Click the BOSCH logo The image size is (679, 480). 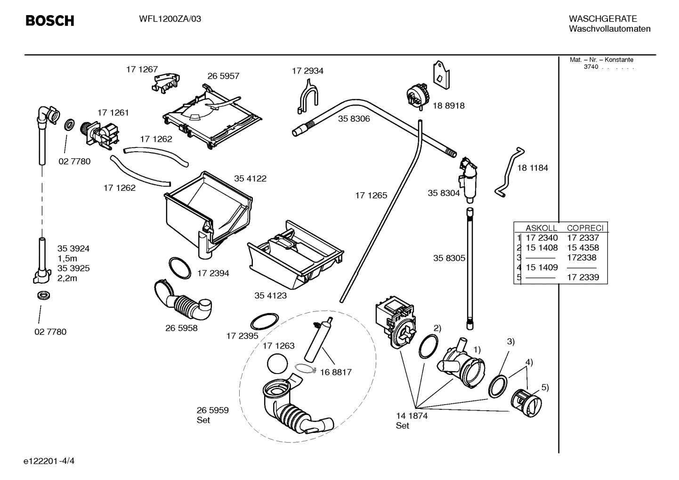[49, 21]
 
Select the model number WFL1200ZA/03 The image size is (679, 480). [170, 19]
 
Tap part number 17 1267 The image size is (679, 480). [142, 69]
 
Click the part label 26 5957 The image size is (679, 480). [223, 76]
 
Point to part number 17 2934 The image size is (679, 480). [307, 71]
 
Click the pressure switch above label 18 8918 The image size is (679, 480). [417, 95]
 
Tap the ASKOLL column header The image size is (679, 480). [541, 228]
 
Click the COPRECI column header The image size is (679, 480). [584, 228]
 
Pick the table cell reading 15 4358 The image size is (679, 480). [583, 248]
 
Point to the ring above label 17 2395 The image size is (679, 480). [264, 323]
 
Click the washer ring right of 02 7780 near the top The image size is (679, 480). [69, 125]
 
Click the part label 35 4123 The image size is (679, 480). [270, 296]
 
